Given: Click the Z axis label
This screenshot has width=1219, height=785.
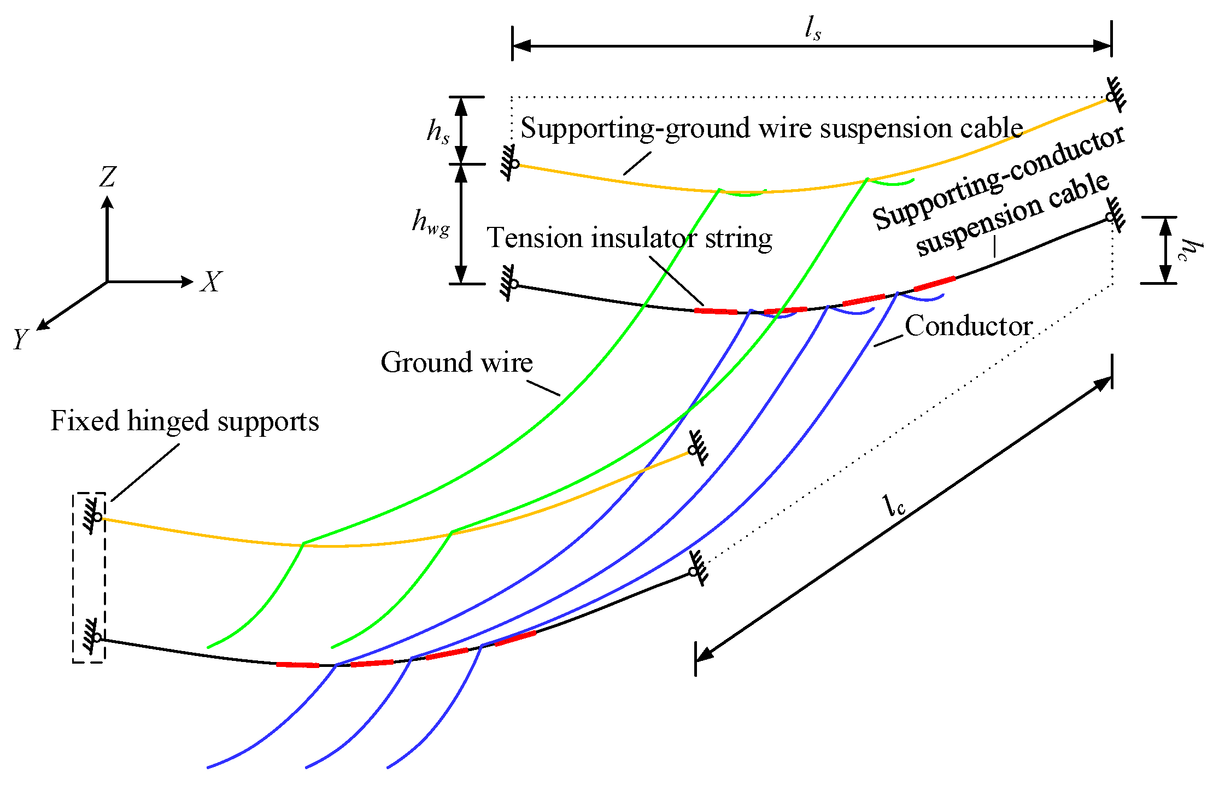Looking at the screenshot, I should (x=108, y=177).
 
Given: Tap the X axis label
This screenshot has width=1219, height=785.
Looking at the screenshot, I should (x=211, y=282).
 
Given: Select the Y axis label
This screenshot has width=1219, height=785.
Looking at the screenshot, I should (x=21, y=339).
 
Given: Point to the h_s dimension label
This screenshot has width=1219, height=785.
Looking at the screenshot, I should (x=438, y=131).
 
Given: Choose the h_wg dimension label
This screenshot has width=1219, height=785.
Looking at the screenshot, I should (x=431, y=222).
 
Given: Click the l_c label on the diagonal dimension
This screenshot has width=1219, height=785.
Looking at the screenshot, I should (x=894, y=506).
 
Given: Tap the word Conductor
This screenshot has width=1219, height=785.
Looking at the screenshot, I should (x=968, y=326).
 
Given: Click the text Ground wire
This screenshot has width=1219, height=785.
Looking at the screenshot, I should (x=456, y=362).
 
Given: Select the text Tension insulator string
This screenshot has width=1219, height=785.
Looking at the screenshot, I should (x=629, y=238).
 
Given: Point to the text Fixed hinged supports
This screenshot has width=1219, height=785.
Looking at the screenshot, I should (x=185, y=421).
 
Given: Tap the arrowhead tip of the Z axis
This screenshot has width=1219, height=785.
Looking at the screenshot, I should (x=107, y=198).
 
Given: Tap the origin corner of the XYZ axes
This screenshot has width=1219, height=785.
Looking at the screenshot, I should (x=107, y=282).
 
